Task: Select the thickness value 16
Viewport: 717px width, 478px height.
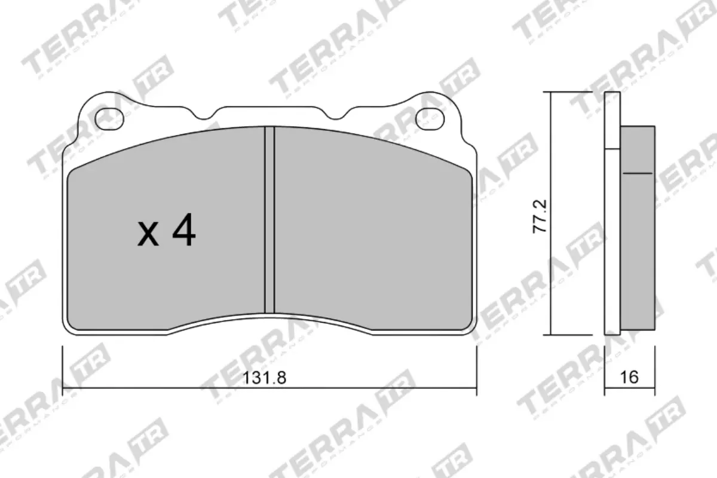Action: (x=629, y=377)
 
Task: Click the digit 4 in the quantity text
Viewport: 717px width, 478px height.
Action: (x=183, y=232)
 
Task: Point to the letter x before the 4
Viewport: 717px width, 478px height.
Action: (x=148, y=235)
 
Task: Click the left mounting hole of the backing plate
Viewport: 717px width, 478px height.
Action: (x=109, y=119)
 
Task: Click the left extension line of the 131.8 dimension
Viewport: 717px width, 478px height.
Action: (x=63, y=370)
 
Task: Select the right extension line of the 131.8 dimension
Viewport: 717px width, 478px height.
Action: (x=476, y=370)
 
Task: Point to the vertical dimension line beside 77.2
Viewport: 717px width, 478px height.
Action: (x=550, y=269)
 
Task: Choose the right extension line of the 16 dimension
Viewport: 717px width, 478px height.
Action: (x=654, y=370)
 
